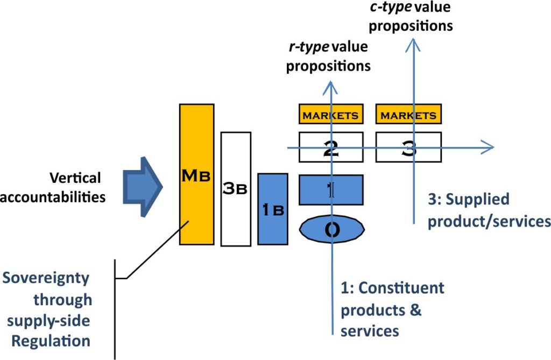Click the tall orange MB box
point(196,174)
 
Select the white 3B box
point(236,188)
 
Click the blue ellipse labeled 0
point(332,229)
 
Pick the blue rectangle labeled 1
point(331,189)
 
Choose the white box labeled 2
point(330,147)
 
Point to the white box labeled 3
point(408,147)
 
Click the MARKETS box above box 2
point(330,115)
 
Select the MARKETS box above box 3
point(408,115)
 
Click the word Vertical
point(75,178)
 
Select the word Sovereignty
point(46,279)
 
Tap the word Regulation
point(52,341)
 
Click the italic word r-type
point(308,47)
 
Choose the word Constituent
point(401,287)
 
